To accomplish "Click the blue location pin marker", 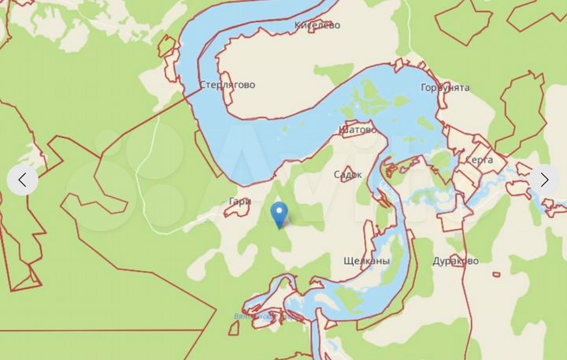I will (279, 213).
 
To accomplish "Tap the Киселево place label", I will (317, 25).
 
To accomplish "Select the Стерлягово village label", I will (227, 85).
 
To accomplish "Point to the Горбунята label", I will (445, 87).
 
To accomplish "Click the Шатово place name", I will (357, 128).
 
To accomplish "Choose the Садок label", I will (348, 175).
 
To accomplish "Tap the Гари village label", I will (239, 202).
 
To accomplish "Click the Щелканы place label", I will (367, 261).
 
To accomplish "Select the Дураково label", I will (455, 261).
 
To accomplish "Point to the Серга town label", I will (479, 160).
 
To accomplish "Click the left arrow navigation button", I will (22, 180).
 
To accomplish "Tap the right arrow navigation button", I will (544, 180).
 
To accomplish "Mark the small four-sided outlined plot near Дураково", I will (496, 274).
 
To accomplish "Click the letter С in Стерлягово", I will (202, 85).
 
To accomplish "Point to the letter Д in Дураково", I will (437, 261).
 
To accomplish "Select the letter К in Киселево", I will (298, 25).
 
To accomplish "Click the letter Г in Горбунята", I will (424, 87).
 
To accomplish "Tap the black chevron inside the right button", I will (544, 180).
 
